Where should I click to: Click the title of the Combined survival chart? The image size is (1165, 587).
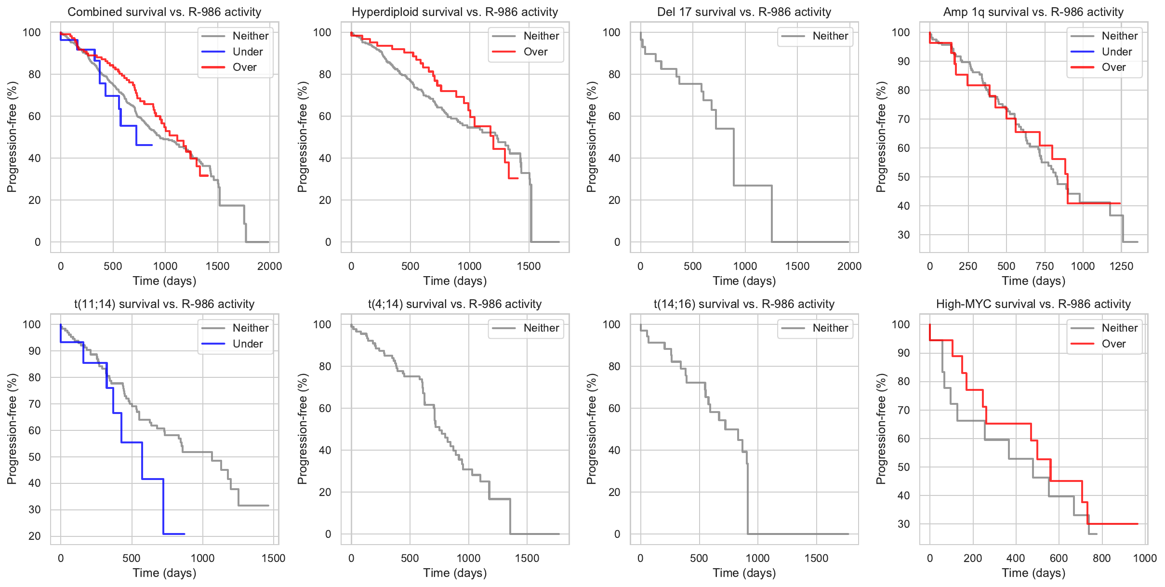pyautogui.click(x=164, y=12)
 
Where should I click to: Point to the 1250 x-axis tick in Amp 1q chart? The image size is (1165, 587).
pyautogui.click(x=1121, y=266)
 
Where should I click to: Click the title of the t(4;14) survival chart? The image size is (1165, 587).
pyautogui.click(x=455, y=304)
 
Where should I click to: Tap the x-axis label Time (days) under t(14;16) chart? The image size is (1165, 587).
pyautogui.click(x=744, y=573)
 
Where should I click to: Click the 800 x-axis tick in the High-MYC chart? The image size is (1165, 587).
pyautogui.click(x=1101, y=558)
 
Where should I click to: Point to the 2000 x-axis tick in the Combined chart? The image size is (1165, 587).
pyautogui.click(x=269, y=266)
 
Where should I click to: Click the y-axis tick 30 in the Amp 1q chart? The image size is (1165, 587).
pyautogui.click(x=904, y=235)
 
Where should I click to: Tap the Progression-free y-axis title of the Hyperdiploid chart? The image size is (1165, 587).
pyautogui.click(x=302, y=137)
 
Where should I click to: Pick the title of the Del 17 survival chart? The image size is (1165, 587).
pyautogui.click(x=744, y=12)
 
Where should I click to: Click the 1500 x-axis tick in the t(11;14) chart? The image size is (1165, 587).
pyautogui.click(x=273, y=558)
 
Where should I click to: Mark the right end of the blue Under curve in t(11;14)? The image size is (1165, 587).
pyautogui.click(x=185, y=534)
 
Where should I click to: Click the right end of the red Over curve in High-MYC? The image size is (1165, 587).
pyautogui.click(x=1138, y=524)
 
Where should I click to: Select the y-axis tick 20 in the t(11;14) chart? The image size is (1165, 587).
pyautogui.click(x=35, y=536)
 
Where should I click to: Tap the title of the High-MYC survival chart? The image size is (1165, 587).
pyautogui.click(x=1033, y=304)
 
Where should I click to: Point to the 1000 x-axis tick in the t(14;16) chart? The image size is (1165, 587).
pyautogui.click(x=757, y=558)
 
